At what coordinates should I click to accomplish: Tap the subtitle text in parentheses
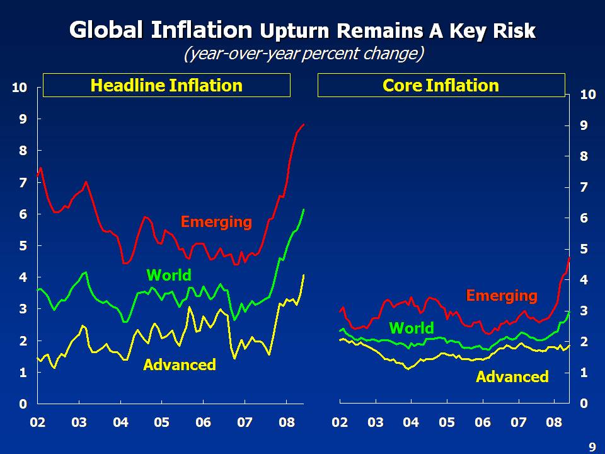[x=303, y=54]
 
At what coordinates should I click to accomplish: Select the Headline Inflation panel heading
[x=166, y=86]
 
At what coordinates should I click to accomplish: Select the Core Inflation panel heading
[x=441, y=86]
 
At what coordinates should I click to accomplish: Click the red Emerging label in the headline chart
[x=216, y=222]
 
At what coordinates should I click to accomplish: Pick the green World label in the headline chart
[x=168, y=275]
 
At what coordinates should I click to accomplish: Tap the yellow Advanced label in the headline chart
[x=180, y=364]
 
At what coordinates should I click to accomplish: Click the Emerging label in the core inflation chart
[x=502, y=295]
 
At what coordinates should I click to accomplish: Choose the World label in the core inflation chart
[x=412, y=328]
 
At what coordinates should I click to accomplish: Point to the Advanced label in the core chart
[x=512, y=377]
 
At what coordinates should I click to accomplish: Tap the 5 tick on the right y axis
[x=584, y=249]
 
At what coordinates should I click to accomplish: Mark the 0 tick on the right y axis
[x=584, y=404]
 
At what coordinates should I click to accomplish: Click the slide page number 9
[x=592, y=447]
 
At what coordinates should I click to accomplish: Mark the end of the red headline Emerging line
[x=304, y=125]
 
